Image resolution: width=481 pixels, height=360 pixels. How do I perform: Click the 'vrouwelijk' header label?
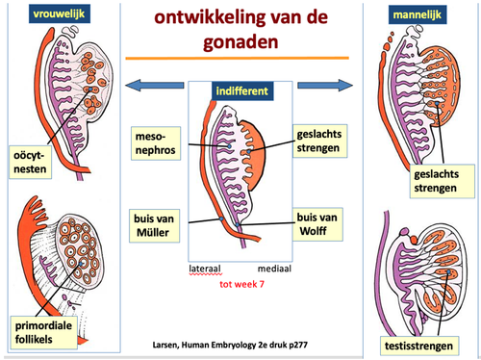60,13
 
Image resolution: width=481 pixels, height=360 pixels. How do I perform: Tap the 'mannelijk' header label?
418,14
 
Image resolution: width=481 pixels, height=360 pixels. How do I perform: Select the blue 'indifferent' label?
242,91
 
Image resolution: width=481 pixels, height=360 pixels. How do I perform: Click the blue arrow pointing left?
154,86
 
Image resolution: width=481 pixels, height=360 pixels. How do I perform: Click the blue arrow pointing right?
325,86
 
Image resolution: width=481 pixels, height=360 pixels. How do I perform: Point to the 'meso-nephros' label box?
156,143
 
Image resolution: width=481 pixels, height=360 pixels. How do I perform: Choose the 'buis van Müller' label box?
154,225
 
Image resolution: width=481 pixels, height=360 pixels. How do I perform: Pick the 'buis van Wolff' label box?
317,224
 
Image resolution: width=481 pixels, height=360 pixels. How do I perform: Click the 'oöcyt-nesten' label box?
30,162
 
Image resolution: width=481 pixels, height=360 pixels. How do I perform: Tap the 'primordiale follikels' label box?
43,332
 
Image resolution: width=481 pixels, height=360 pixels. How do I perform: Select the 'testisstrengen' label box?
419,346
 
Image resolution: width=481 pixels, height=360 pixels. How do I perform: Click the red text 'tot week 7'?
241,284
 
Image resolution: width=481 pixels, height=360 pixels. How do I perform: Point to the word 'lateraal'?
205,269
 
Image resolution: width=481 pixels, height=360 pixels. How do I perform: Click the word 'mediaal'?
274,269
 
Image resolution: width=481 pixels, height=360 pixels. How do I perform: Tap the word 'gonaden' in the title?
240,42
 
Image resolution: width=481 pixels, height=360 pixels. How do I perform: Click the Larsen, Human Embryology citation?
230,345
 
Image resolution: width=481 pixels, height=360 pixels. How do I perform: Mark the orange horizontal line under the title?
237,58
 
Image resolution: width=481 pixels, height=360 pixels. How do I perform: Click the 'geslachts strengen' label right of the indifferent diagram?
319,141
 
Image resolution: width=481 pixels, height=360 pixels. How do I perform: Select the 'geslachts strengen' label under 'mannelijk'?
443,181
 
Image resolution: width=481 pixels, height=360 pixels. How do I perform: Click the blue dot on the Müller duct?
221,219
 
